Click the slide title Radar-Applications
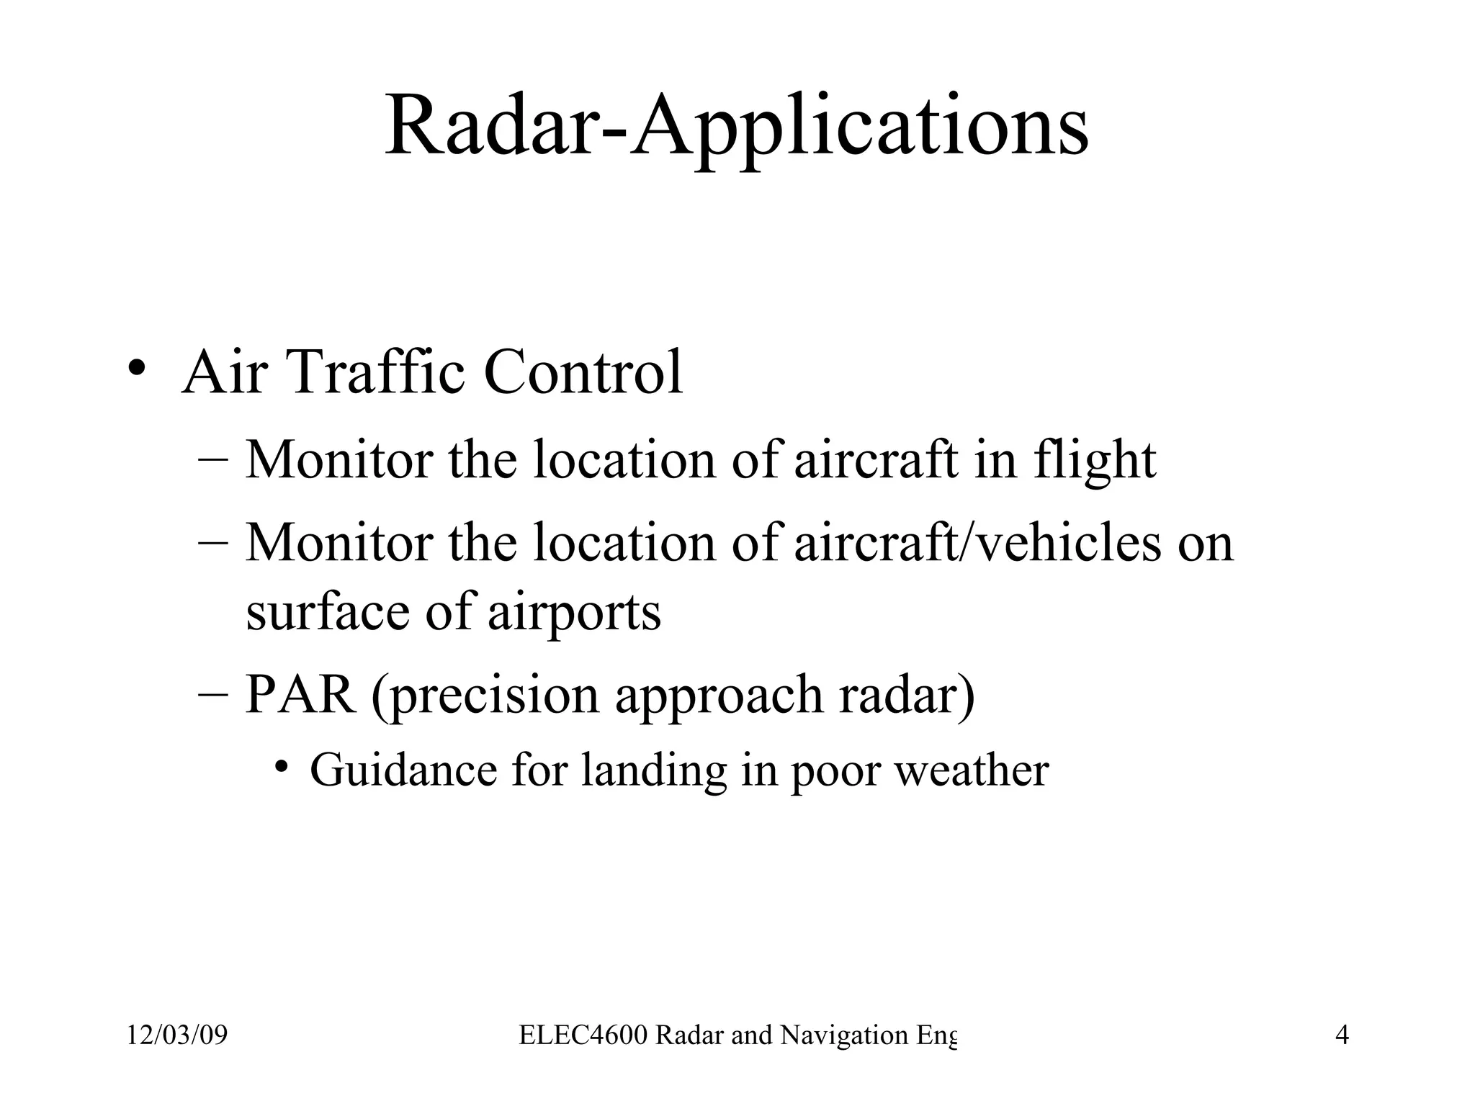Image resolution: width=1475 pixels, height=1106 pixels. click(737, 128)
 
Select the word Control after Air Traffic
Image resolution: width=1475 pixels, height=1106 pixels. click(583, 372)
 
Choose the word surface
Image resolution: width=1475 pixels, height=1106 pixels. click(328, 612)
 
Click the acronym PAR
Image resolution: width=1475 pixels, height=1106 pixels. click(300, 695)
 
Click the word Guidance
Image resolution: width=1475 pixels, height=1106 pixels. click(403, 770)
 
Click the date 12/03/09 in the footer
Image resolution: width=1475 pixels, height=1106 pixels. click(177, 1035)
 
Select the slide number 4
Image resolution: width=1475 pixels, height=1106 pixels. click(1342, 1035)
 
